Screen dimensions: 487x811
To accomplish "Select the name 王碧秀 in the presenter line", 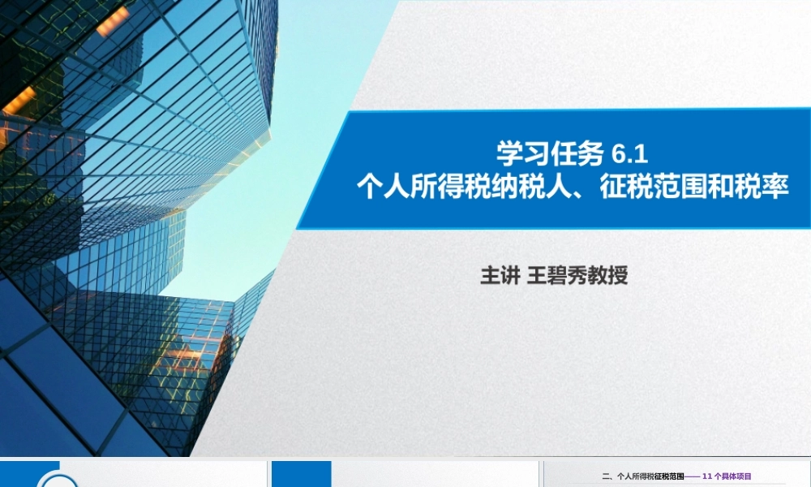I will pos(556,276).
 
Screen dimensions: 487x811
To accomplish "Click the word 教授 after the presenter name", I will pos(607,276).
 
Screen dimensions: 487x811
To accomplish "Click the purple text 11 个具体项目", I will pos(727,476).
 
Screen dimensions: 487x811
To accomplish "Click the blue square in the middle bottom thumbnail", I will pos(301,475).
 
